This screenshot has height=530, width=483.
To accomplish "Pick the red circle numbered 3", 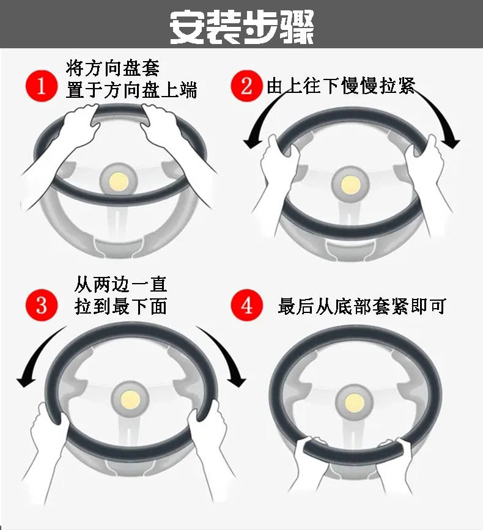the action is tap(41, 304).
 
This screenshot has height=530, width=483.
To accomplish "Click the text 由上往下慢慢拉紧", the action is tap(341, 86).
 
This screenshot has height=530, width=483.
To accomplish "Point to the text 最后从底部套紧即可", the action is tap(361, 306).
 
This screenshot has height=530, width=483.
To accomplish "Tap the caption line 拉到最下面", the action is tap(120, 306).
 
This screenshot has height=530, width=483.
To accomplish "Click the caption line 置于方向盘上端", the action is tap(131, 91).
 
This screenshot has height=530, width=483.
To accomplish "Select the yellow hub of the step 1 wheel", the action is tap(118, 180).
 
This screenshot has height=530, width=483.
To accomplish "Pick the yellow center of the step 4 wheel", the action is tap(354, 400).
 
